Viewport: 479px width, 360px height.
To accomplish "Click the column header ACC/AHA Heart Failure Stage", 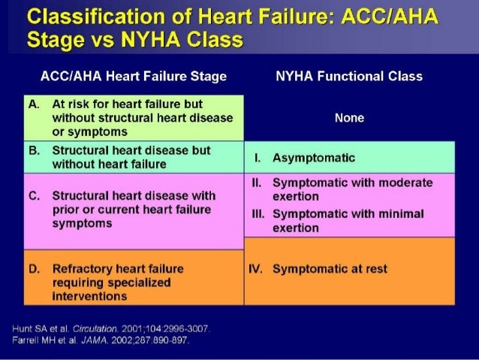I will coord(134,76).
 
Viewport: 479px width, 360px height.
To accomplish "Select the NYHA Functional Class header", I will coord(348,76).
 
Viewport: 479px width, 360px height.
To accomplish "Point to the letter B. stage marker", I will coord(34,150).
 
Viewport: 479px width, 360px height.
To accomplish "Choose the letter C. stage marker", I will coord(34,195).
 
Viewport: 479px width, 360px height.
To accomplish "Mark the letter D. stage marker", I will coord(34,268).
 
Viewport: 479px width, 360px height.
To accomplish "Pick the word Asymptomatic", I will coord(314,158).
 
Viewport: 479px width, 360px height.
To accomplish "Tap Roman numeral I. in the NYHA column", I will coord(257,158).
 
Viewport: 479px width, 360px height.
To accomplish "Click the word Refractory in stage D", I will coord(79,268).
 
